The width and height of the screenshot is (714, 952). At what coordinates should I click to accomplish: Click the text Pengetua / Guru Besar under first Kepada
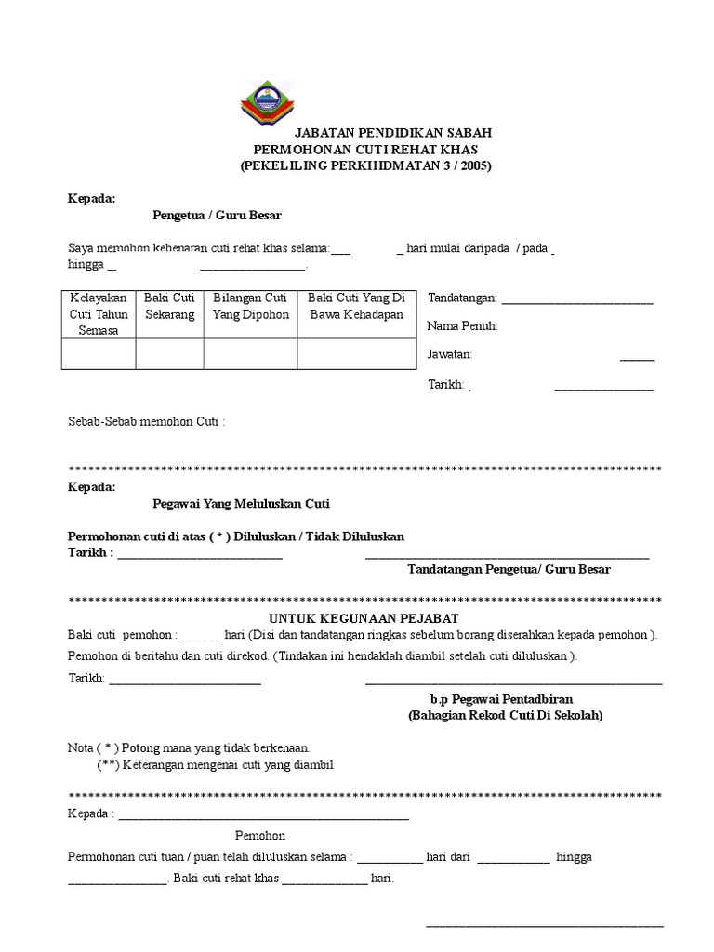217,215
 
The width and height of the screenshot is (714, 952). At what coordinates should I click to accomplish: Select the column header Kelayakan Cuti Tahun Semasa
99,314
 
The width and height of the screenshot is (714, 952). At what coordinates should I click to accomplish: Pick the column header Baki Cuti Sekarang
169,306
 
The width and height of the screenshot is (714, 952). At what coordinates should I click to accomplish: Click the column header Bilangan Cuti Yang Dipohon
250,306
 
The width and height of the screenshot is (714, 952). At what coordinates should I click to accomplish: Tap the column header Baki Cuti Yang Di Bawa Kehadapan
356,306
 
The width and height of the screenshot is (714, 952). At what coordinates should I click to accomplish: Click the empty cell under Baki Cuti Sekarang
169,354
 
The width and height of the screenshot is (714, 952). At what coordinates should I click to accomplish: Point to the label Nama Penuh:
462,326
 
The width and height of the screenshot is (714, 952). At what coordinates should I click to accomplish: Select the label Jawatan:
450,354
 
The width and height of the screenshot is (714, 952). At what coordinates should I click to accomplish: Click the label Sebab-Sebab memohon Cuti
146,421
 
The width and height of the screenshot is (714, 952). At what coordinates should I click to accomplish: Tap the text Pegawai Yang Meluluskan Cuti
241,504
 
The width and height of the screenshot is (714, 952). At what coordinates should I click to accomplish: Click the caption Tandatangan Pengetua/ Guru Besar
509,569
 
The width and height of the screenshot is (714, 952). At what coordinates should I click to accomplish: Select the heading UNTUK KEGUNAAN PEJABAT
364,618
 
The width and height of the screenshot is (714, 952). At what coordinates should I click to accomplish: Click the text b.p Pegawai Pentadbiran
501,699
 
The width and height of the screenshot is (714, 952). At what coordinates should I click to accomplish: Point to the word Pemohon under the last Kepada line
259,835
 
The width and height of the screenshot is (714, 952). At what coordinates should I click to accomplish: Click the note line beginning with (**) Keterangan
215,764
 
